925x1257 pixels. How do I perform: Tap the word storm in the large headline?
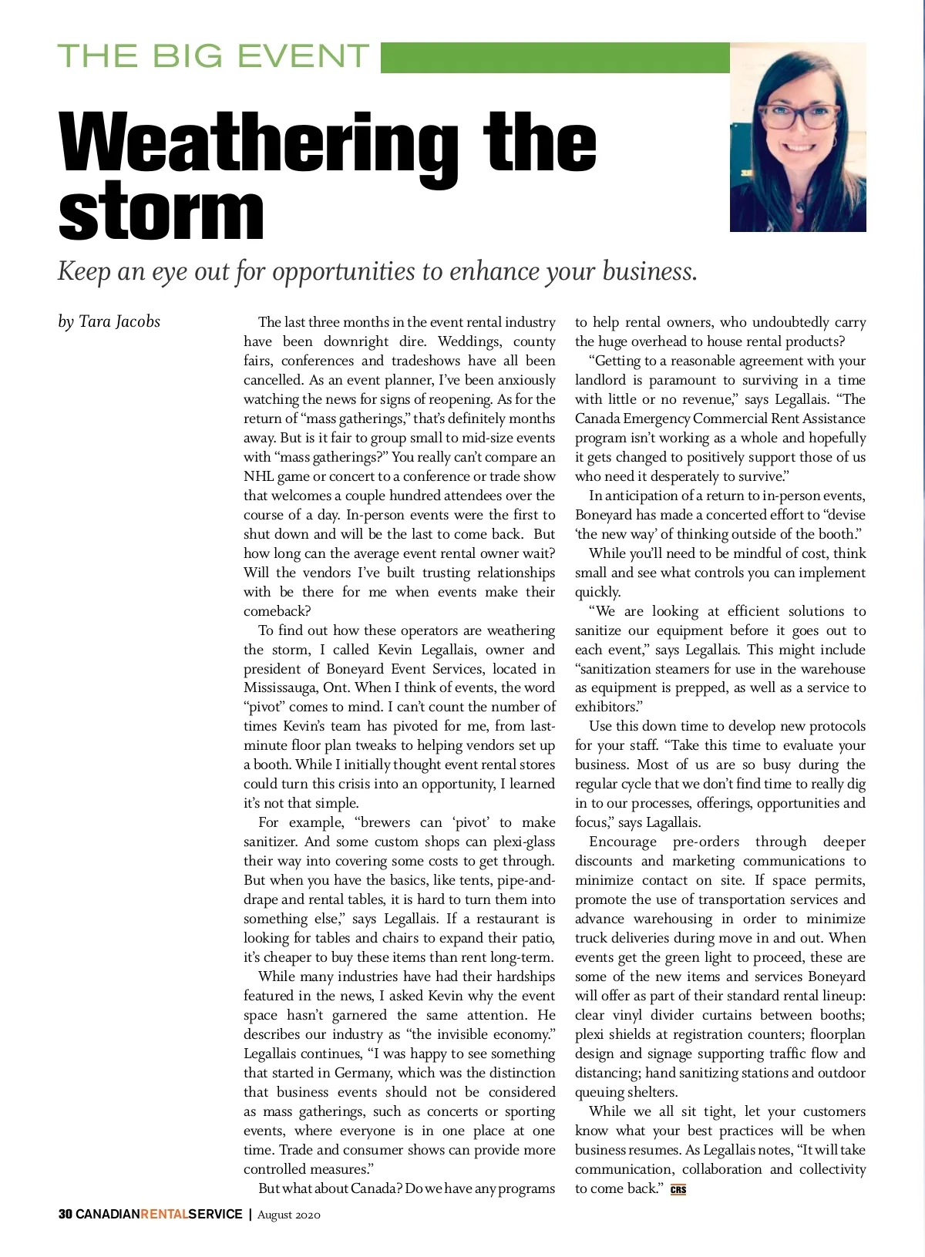click(x=161, y=212)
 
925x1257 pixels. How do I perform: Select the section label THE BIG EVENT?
click(x=214, y=56)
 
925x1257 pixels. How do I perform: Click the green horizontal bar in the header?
click(x=554, y=58)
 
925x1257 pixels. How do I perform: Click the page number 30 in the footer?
click(x=65, y=1214)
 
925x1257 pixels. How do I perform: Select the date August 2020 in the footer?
click(x=288, y=1215)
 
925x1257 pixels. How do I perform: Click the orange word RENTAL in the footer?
click(x=164, y=1214)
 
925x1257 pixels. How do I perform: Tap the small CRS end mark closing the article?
click(x=678, y=1189)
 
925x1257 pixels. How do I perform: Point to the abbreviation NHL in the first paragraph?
click(x=259, y=476)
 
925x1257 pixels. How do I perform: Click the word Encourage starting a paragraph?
click(x=623, y=842)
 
